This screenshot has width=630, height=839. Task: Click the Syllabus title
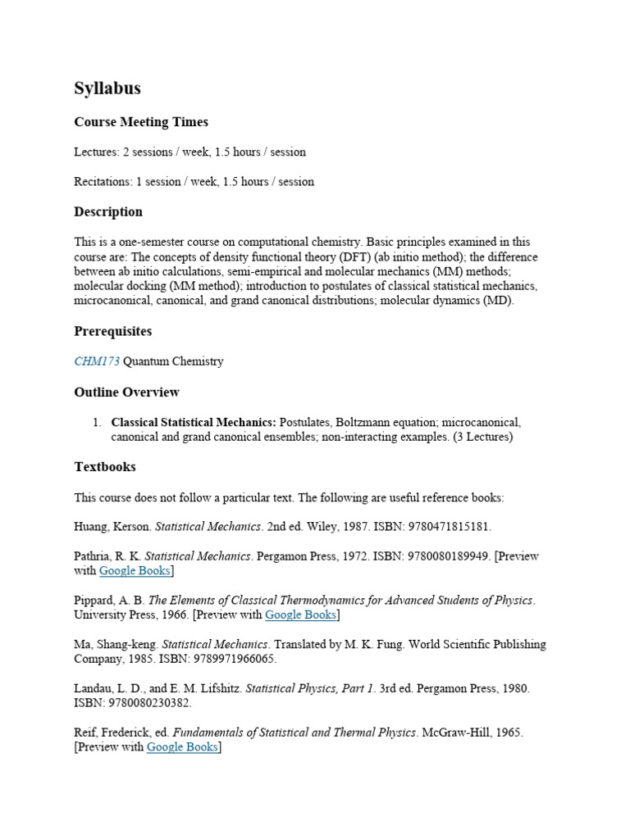107,88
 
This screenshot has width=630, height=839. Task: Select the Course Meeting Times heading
141,122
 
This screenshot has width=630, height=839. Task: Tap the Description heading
108,211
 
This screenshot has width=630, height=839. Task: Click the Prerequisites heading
112,331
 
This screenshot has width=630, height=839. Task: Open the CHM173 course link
97,361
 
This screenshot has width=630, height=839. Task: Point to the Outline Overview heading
126,392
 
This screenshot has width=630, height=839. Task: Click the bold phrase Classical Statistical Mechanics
194,422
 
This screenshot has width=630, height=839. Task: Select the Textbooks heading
105,466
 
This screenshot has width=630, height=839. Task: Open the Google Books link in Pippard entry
302,615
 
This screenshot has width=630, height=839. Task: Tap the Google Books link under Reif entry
182,747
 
